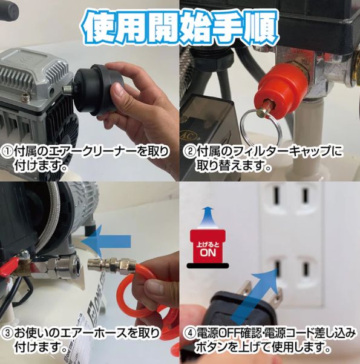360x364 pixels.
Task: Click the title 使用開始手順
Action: click(180, 25)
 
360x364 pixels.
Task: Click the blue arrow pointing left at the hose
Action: click(110, 241)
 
